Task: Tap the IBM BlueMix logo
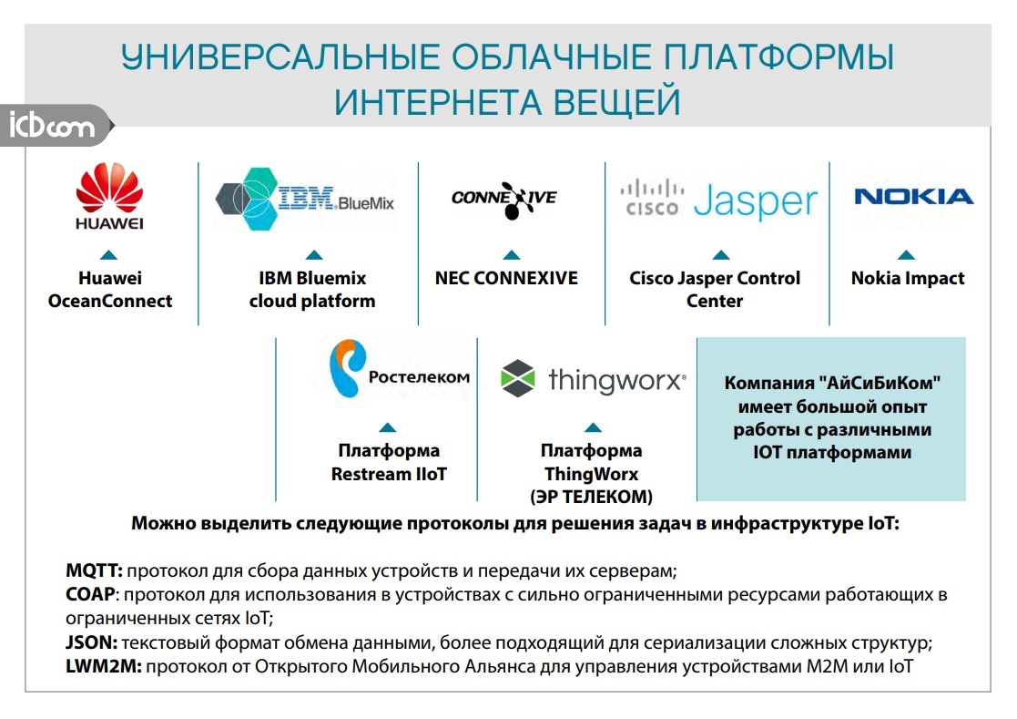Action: [304, 198]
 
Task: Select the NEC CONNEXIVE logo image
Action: [503, 198]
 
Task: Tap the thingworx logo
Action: [593, 379]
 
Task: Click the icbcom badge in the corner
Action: [53, 125]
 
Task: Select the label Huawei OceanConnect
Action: [109, 289]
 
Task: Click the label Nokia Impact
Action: [907, 278]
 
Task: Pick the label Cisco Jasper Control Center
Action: [715, 289]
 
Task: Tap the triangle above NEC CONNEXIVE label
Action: [511, 255]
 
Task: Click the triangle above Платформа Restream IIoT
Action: [388, 427]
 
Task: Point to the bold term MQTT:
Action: [95, 571]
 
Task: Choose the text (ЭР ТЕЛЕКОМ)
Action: [591, 497]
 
